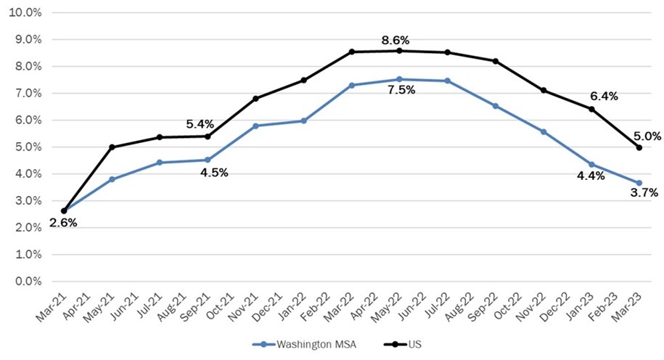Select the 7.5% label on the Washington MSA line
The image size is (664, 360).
[x=398, y=91]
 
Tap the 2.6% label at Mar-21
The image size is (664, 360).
[x=63, y=223]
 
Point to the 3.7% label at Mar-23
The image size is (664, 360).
[x=644, y=193]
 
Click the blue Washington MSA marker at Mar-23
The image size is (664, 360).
[x=639, y=183]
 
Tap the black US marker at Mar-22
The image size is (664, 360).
[x=351, y=52]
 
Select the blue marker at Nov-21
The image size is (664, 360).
[x=255, y=126]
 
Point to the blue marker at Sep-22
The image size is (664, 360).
[x=495, y=106]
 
